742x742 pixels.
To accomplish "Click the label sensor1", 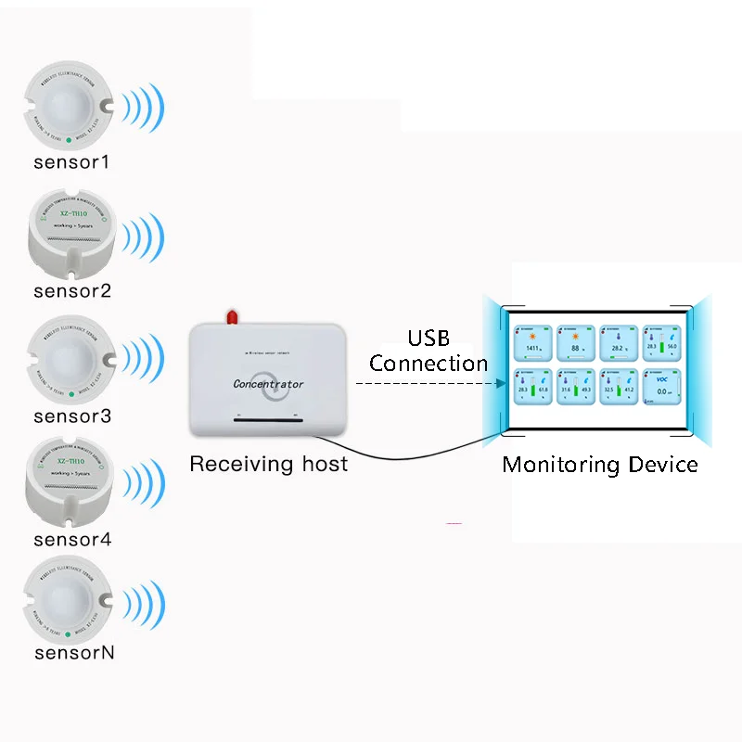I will point(71,162).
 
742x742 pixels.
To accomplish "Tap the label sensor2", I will point(71,290).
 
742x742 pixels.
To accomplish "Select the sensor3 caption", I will point(71,416).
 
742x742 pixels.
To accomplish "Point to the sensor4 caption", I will point(71,539).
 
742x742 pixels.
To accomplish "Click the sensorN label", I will point(74,652).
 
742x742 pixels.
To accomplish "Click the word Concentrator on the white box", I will point(268,383).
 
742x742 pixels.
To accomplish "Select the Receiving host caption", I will point(268,463).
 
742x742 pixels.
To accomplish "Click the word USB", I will point(428,339).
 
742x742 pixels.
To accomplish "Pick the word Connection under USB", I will point(428,363).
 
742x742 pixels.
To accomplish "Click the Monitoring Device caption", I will point(599,464).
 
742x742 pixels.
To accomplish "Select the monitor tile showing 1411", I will point(532,343).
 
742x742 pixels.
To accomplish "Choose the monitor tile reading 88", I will point(576,343).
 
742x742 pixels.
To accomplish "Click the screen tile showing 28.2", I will point(619,343).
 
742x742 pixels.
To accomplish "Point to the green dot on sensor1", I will point(70,139).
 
